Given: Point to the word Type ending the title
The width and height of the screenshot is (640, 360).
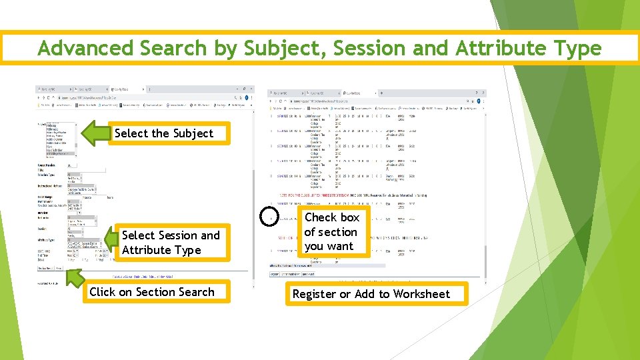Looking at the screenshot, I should click(577, 48).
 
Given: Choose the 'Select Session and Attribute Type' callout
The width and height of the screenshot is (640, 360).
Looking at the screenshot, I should click(171, 243).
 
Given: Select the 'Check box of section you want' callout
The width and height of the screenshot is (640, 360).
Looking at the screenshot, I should click(331, 232).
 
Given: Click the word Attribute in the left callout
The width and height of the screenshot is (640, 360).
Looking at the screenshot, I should click(145, 250).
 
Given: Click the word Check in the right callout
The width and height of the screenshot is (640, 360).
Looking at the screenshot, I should click(321, 217).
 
